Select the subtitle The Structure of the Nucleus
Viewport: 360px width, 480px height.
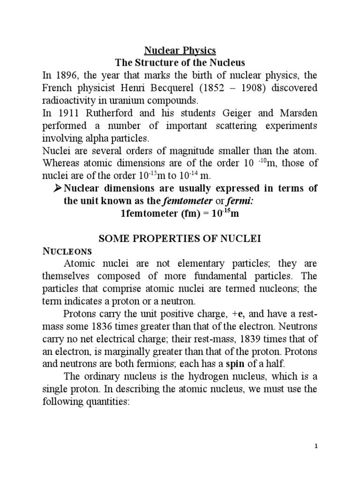click(180, 62)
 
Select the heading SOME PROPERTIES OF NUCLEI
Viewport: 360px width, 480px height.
click(180, 239)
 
